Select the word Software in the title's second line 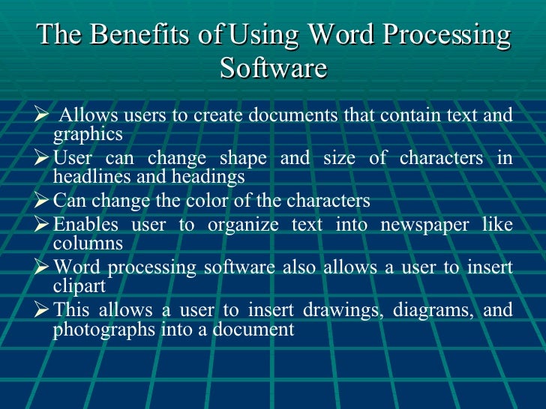point(274,68)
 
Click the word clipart point(77,286)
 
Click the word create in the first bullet point(223,115)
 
